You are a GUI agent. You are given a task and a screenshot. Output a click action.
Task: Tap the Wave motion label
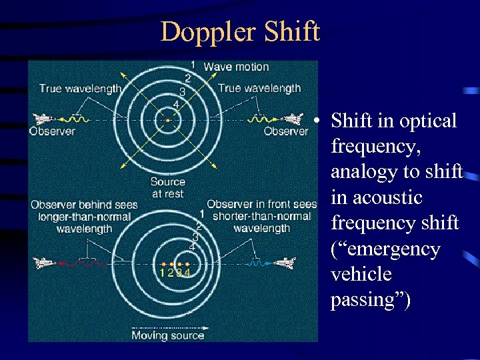[236, 67]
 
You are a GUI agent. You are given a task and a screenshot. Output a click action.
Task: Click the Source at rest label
[167, 187]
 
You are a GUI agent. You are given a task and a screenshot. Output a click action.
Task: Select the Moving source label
[167, 335]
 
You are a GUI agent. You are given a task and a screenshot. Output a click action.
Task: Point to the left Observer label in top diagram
[52, 131]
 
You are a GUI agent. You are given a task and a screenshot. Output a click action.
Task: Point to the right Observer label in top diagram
[286, 131]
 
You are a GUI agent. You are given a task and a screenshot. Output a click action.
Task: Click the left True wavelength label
[80, 88]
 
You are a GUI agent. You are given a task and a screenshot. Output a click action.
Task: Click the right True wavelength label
[259, 88]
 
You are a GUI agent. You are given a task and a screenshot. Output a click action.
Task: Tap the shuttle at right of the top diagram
[292, 119]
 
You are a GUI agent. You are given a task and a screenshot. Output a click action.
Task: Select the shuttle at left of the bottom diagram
[45, 263]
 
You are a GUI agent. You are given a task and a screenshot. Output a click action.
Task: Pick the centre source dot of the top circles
[168, 120]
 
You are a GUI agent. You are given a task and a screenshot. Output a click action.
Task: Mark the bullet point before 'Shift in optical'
[320, 121]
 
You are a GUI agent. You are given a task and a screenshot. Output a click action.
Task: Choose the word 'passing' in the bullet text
[367, 300]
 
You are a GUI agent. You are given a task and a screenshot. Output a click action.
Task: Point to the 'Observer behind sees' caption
[84, 204]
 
